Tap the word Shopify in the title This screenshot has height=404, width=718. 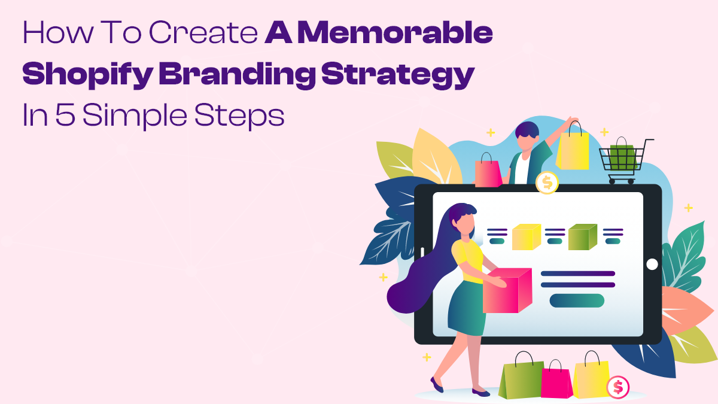tap(87, 75)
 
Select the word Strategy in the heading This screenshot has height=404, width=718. tap(398, 75)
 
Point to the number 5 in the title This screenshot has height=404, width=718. tap(65, 114)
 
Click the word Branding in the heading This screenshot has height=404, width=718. tap(237, 74)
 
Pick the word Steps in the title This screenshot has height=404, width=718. tap(239, 116)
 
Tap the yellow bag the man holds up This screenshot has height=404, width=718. tap(573, 147)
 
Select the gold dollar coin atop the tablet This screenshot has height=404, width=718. tap(547, 183)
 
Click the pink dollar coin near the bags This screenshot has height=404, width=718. tap(618, 387)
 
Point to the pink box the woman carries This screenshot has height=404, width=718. tap(507, 290)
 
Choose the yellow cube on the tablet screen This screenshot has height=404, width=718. tap(527, 237)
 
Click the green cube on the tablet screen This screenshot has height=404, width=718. tap(582, 237)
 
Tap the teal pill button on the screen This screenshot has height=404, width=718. tap(577, 300)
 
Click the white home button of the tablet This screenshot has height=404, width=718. tap(652, 265)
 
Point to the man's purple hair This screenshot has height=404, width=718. tap(527, 130)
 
